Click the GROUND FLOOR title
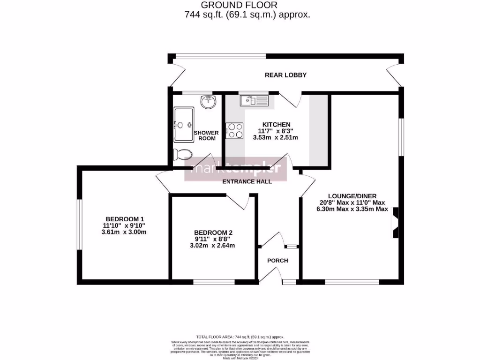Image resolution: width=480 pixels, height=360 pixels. pos(239,5)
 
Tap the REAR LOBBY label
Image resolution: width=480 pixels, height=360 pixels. pos(285,75)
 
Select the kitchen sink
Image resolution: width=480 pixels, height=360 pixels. pos(253,100)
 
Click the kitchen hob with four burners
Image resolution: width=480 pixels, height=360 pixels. pos(234,131)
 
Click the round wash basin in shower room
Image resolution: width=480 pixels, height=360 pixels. pos(208,101)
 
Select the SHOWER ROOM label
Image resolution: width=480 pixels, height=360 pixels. pos(206,135)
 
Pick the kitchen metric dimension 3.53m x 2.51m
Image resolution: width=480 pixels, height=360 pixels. pos(276,138)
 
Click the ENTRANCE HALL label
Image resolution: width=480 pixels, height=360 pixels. pos(247,181)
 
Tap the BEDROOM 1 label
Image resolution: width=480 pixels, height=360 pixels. pos(124,219)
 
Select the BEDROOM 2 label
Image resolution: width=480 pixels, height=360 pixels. pos(213,232)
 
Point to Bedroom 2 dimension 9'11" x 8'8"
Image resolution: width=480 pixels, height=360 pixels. pos(213,239)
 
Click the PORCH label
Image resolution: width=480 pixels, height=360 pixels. pos(277,261)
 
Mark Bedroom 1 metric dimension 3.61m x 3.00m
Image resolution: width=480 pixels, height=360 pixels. pos(124,232)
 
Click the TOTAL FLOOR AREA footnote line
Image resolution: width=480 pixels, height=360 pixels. pos(240,337)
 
